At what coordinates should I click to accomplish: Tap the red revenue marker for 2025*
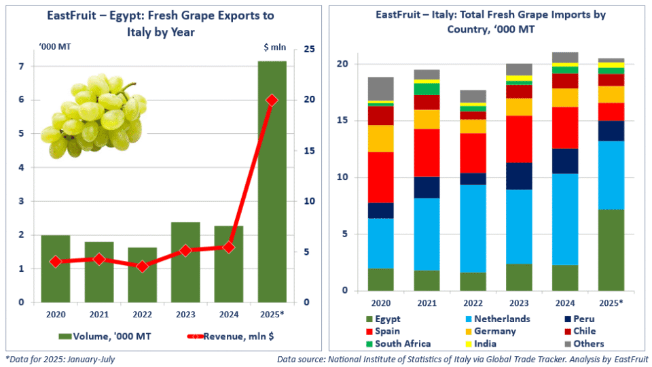(x=272, y=100)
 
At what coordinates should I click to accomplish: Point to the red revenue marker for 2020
(x=55, y=262)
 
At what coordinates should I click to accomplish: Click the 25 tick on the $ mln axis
(x=309, y=50)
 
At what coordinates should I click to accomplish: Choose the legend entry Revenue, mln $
(x=231, y=335)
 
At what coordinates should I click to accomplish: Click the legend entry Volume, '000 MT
(x=102, y=335)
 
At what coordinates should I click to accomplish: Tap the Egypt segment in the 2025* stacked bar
(x=611, y=250)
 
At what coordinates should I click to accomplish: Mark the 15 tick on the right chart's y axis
(x=344, y=121)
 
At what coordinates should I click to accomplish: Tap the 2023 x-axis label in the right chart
(x=520, y=302)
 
